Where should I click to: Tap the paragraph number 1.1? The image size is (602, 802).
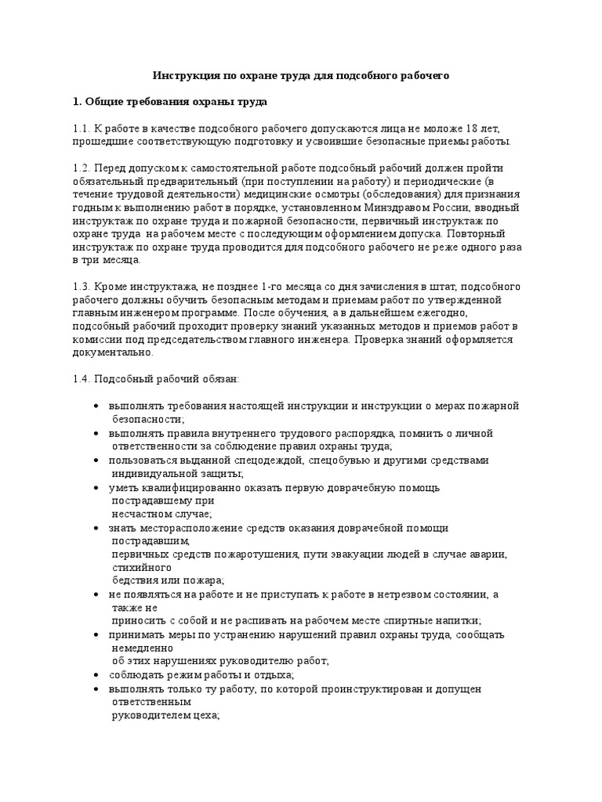tap(81, 128)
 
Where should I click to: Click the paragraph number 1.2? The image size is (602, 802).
tap(81, 168)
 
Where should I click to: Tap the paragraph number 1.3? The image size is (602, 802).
tap(81, 287)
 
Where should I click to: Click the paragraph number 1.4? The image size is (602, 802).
tap(81, 380)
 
